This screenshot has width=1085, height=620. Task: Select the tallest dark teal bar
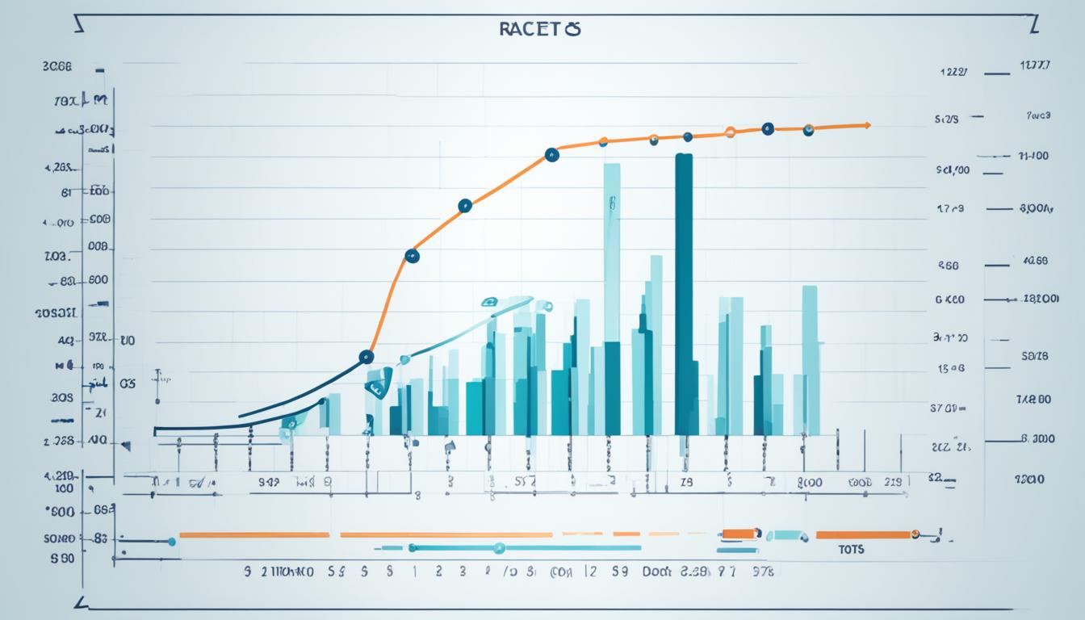pos(684,294)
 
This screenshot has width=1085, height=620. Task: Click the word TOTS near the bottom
pos(851,550)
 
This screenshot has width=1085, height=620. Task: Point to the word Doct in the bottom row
pos(657,571)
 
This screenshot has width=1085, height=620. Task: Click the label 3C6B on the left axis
pos(57,69)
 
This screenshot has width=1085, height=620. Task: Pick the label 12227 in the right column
pos(955,72)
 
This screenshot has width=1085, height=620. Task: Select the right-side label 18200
pos(1040,299)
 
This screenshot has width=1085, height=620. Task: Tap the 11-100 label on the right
pos(1034,156)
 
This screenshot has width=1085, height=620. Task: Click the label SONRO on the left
pos(59,538)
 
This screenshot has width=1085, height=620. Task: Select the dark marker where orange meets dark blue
pos(366,356)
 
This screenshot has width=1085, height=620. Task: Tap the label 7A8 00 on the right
pos(1033,399)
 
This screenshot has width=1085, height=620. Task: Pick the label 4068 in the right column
pos(1035,261)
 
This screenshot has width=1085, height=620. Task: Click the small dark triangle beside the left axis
pos(125,444)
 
